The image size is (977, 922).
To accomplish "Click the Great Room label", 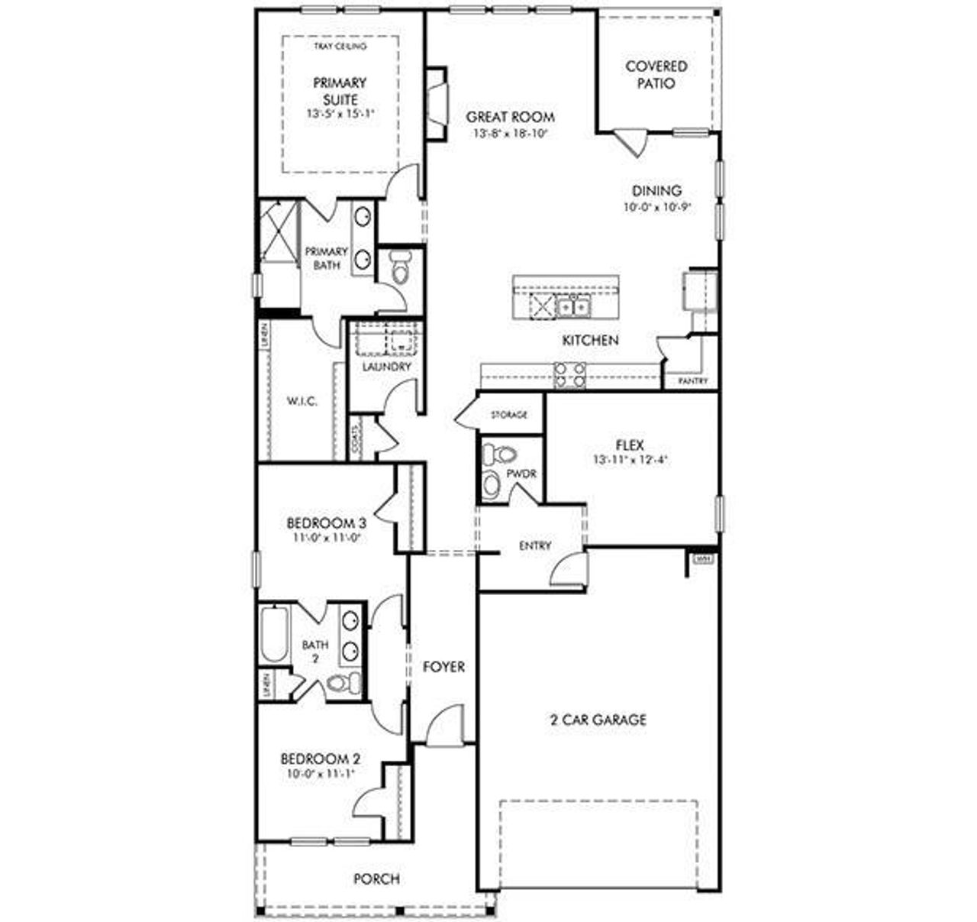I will click(x=510, y=117).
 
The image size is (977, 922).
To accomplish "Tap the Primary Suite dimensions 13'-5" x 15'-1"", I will click(x=339, y=113).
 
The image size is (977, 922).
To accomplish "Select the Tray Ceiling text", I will click(x=340, y=47).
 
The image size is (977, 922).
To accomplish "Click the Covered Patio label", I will click(x=656, y=75).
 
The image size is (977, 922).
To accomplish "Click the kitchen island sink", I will click(x=572, y=307).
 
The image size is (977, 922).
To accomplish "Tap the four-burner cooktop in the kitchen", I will click(x=569, y=374).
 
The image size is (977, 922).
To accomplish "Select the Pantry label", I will click(x=692, y=380).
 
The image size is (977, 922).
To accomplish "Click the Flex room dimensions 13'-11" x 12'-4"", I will click(x=630, y=460).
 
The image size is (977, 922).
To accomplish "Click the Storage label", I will click(x=508, y=415).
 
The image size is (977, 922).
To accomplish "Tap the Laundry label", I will click(x=386, y=367).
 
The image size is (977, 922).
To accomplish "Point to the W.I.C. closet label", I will click(x=301, y=401).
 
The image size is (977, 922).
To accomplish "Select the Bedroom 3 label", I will click(x=326, y=523).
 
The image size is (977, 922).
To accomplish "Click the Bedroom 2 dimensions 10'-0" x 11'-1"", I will click(x=320, y=773).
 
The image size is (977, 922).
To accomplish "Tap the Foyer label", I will click(x=443, y=667).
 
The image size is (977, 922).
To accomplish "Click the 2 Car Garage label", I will click(x=598, y=720).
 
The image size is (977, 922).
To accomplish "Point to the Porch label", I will click(x=376, y=879).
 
